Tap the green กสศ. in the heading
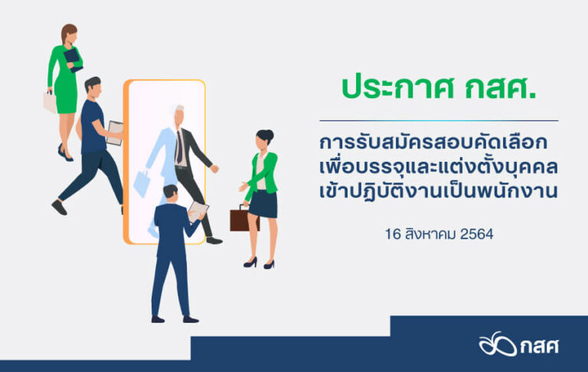click(501, 87)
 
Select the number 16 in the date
click(393, 235)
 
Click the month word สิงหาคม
click(430, 234)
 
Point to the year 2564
click(477, 235)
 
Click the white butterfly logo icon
click(497, 344)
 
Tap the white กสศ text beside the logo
click(540, 346)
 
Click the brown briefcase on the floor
click(243, 219)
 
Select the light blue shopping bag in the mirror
click(142, 183)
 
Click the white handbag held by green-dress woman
click(50, 101)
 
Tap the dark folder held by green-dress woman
click(73, 59)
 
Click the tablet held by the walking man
click(114, 133)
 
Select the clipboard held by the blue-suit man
click(198, 211)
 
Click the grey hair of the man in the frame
click(179, 110)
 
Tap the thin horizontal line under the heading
click(439, 120)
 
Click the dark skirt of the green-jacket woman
click(263, 204)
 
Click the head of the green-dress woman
click(70, 35)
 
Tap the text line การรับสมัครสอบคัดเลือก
click(433, 143)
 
